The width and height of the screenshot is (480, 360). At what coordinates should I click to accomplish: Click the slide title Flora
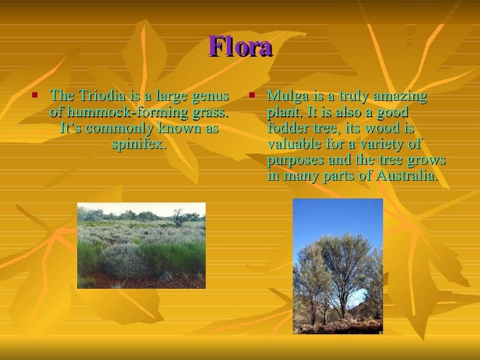coord(240,47)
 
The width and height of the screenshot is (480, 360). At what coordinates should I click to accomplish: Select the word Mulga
coord(285,97)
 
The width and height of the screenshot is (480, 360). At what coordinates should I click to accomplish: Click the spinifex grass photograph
coord(141,245)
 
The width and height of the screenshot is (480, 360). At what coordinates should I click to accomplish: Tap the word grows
coord(429,160)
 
